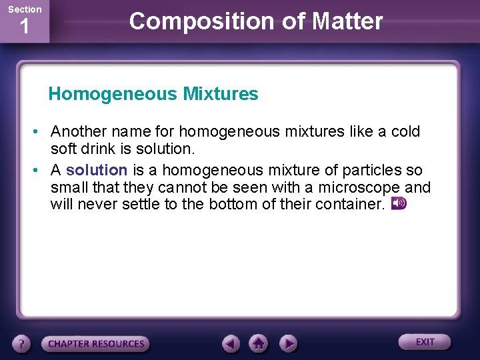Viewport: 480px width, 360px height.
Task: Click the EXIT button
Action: [425, 342]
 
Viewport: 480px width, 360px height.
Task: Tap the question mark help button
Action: [22, 344]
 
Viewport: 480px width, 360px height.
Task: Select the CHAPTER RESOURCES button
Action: [96, 344]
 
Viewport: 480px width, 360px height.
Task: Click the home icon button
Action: [259, 343]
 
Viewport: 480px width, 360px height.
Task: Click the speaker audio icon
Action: [399, 203]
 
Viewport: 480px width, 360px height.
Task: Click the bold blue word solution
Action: [97, 170]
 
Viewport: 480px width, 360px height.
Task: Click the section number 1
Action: [24, 28]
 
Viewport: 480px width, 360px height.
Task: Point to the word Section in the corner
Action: [24, 9]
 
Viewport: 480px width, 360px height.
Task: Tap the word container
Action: [349, 204]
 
